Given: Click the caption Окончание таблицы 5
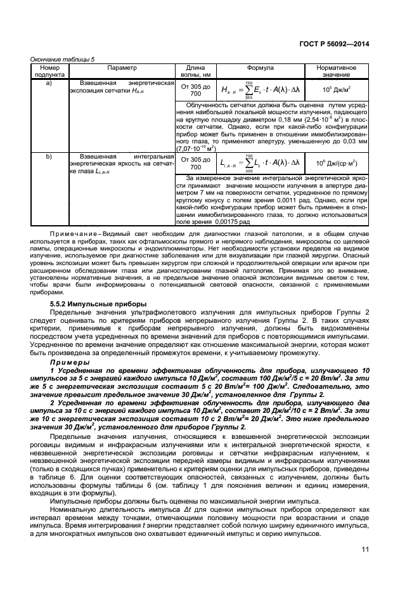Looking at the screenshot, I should (x=63, y=59).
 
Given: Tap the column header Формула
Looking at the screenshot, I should (x=259, y=67).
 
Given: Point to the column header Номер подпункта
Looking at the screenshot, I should (x=49, y=71).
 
